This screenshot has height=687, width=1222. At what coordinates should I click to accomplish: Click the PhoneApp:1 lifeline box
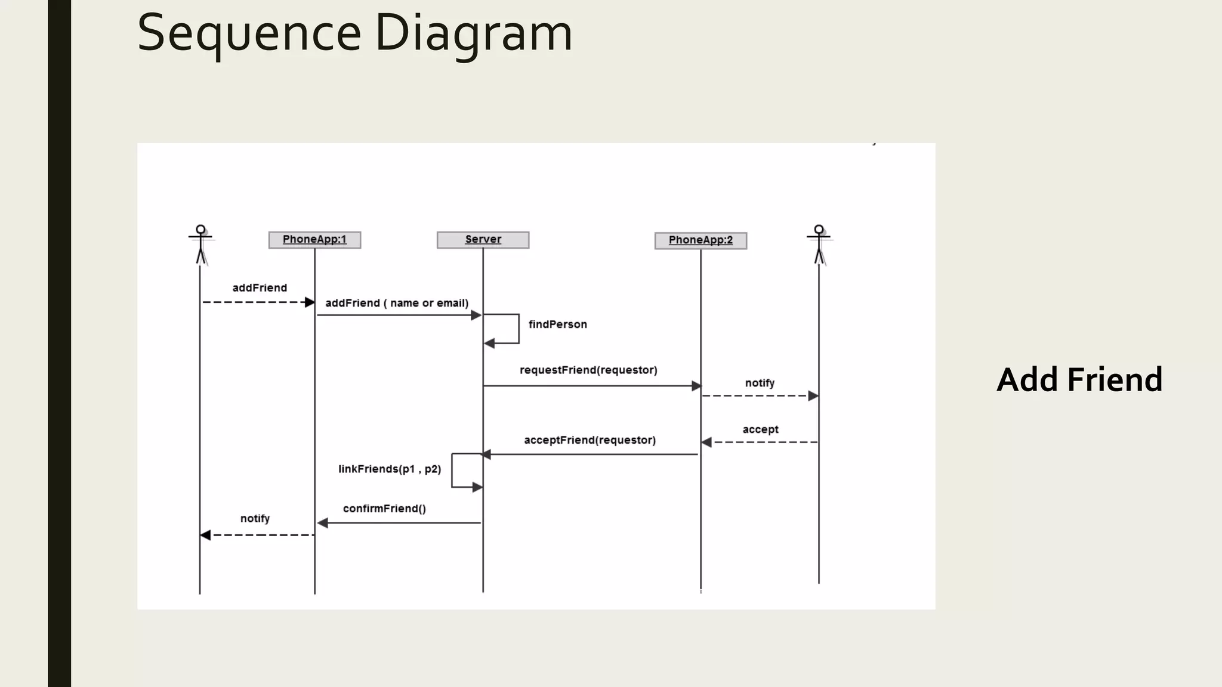[314, 240]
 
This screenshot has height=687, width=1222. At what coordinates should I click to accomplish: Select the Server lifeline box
[483, 240]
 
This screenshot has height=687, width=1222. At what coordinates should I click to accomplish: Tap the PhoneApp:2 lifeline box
[701, 240]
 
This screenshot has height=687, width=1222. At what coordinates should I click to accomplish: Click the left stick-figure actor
[200, 245]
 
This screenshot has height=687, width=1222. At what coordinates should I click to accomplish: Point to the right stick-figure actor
[819, 245]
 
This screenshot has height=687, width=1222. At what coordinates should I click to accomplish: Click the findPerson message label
[557, 324]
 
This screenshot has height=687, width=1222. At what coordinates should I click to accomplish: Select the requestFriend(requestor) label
[588, 370]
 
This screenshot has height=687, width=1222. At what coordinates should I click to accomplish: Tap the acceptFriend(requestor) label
[590, 440]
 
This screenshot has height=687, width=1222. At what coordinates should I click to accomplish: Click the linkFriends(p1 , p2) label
[390, 469]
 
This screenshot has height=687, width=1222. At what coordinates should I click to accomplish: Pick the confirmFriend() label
[384, 509]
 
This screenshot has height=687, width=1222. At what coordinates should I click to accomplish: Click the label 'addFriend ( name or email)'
[397, 303]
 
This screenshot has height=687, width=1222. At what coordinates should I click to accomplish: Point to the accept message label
[760, 429]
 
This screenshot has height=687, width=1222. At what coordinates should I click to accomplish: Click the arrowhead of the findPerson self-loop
[489, 343]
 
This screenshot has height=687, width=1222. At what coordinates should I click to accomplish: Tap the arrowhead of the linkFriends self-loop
[477, 487]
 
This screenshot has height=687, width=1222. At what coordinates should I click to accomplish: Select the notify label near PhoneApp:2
[760, 383]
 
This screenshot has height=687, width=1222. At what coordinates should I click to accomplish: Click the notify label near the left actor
[255, 519]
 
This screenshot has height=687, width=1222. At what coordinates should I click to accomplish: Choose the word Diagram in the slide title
[473, 33]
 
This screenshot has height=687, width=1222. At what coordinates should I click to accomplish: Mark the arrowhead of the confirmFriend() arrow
[323, 523]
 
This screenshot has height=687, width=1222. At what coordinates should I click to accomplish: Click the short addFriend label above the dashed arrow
[260, 288]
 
